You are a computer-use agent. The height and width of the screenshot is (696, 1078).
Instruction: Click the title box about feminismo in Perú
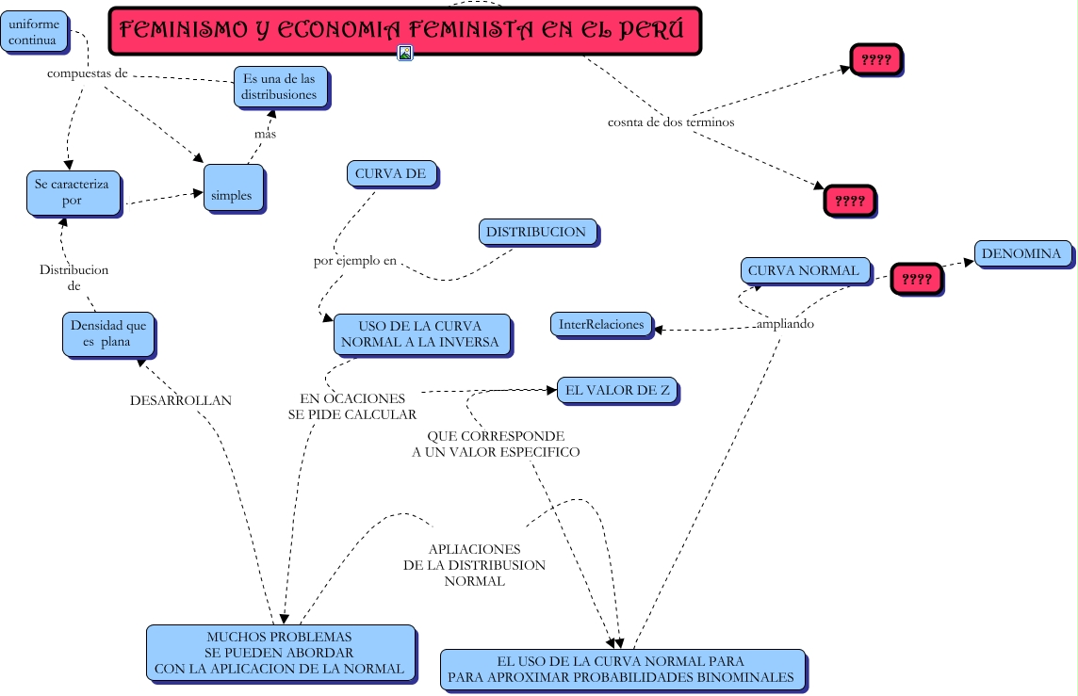point(405,31)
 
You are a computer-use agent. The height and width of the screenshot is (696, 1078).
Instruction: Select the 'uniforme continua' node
point(34,32)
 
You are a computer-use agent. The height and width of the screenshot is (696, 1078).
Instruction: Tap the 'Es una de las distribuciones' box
point(281,87)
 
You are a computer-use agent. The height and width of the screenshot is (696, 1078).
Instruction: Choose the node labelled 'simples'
point(234,187)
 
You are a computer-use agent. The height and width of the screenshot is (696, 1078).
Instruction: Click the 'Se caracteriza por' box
point(73,193)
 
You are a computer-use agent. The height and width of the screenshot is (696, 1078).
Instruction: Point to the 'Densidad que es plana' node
point(108,334)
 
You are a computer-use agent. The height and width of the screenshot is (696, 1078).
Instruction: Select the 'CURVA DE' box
point(392,174)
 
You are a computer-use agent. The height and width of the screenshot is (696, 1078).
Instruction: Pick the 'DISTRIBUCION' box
point(538,233)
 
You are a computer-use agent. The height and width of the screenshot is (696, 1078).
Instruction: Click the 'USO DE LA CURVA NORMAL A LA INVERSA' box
point(422,334)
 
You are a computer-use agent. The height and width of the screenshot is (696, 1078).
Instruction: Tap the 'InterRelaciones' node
point(601,324)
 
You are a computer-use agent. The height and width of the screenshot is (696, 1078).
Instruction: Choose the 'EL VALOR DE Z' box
point(617,390)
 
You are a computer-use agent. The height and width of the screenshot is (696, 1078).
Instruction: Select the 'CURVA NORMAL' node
point(805,270)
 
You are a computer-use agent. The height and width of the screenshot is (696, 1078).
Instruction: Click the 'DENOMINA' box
point(1023,253)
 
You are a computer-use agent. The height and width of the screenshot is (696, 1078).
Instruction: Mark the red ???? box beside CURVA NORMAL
point(917,279)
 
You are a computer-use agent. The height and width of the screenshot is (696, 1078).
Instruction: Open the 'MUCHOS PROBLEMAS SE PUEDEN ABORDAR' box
point(281,653)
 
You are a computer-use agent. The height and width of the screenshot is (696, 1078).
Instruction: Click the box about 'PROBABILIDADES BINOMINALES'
point(623,670)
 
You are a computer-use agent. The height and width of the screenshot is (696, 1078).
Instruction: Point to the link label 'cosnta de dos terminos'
point(671,122)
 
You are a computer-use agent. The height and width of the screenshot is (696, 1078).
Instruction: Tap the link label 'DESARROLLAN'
point(181,400)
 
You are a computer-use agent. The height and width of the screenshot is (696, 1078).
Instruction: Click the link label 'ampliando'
point(785,324)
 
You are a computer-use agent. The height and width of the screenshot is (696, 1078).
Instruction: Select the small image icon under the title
point(405,52)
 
